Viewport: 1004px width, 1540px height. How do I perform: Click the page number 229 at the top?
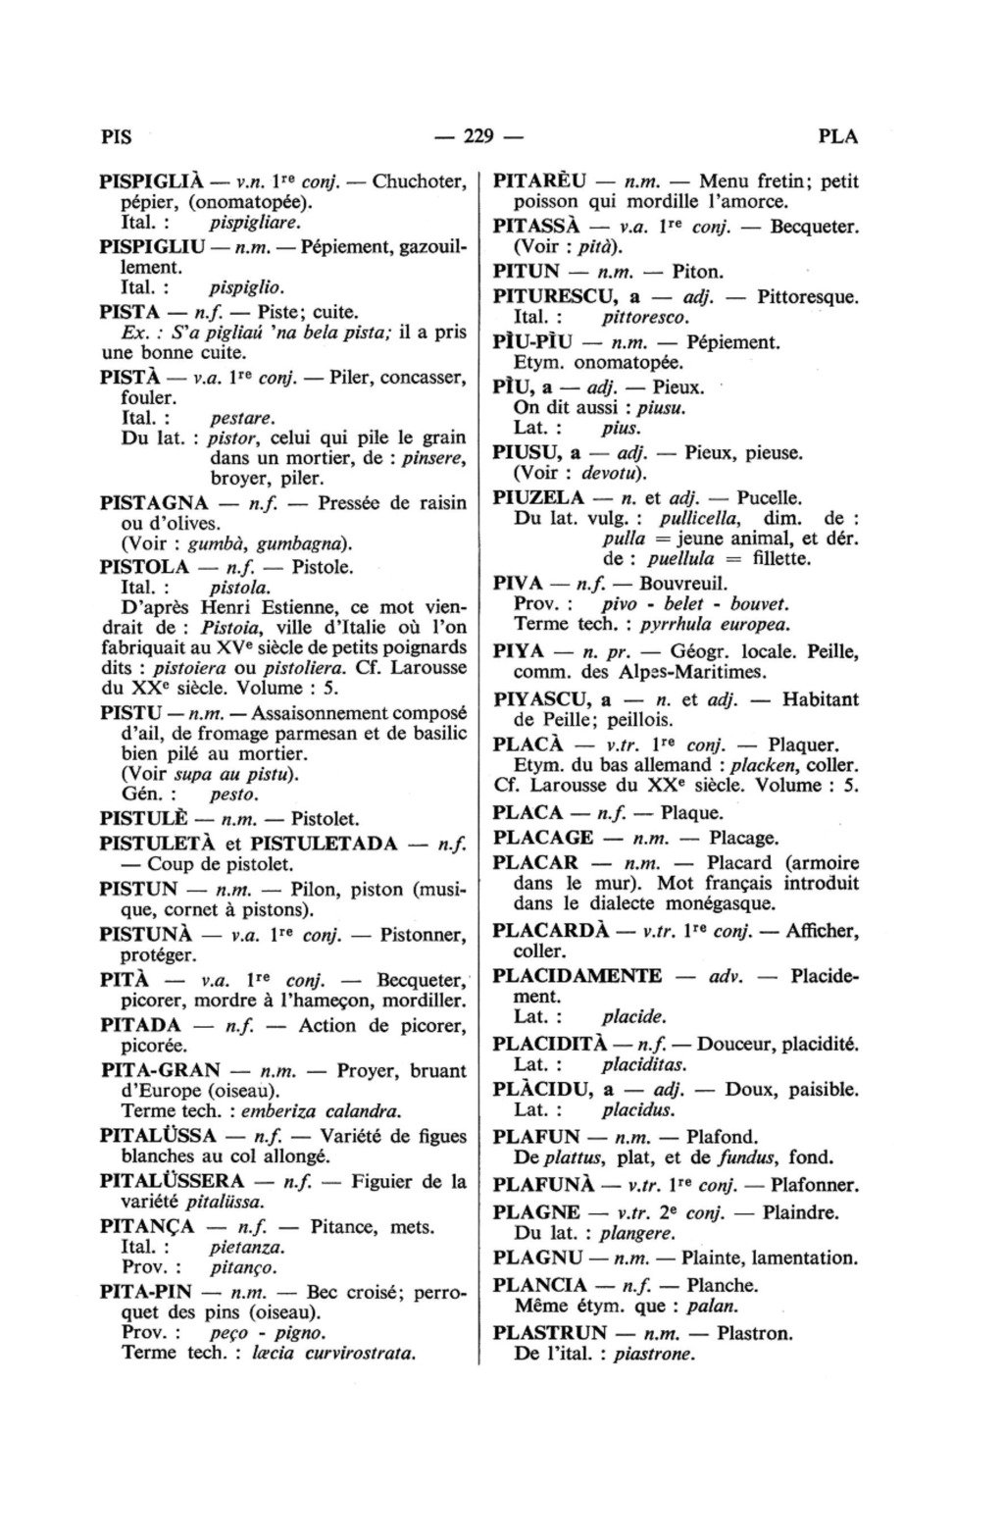pos(479,135)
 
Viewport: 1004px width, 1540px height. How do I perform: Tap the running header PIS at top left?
pos(116,136)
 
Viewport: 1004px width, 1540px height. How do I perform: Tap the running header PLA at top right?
pos(837,136)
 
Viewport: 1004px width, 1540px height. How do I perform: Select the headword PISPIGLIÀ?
pos(152,181)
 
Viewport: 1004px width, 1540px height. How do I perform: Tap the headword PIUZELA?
pos(539,497)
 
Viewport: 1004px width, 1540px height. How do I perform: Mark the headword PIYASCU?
pos(545,699)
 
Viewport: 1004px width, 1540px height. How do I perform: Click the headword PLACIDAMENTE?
pos(577,975)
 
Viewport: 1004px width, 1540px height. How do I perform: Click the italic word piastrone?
pos(654,1355)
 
